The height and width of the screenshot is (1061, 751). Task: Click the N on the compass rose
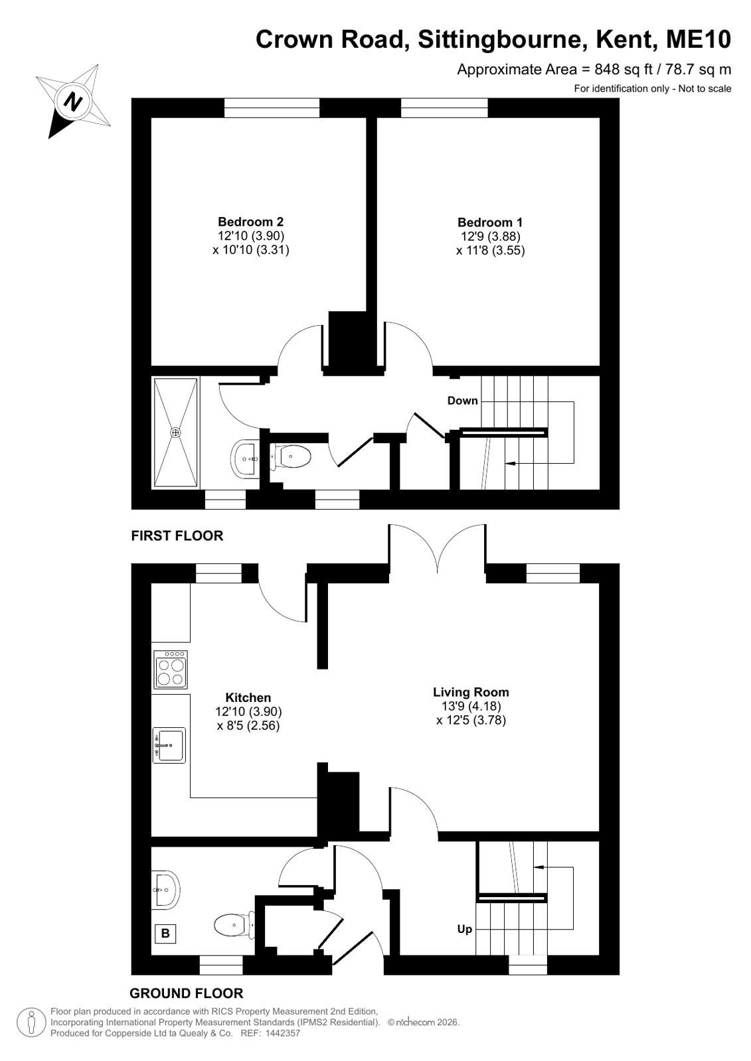73,101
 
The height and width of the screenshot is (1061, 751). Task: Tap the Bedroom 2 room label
251,222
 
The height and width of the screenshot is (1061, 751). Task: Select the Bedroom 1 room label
490,222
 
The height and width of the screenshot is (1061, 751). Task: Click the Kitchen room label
248,697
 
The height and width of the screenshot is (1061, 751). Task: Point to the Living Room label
471,692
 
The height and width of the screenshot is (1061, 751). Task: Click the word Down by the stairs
462,401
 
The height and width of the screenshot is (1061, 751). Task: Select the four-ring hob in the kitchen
171,670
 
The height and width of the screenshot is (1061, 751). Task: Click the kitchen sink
169,746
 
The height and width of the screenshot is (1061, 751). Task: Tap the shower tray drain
176,433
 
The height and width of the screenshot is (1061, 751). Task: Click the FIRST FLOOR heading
177,535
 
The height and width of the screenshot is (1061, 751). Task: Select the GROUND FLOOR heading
187,993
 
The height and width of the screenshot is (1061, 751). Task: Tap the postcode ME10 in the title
699,40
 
